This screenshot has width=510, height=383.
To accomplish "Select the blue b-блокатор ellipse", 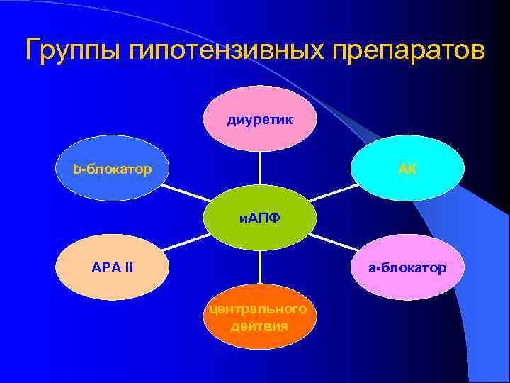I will [112, 169].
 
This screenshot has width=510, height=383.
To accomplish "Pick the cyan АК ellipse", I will [407, 169].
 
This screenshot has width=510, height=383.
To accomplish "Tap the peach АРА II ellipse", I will [112, 267].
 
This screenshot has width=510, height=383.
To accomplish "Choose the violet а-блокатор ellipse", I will [407, 267].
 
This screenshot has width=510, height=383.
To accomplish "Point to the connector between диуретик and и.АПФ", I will [260, 168].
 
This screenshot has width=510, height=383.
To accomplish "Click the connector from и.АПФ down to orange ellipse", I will [260, 267].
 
